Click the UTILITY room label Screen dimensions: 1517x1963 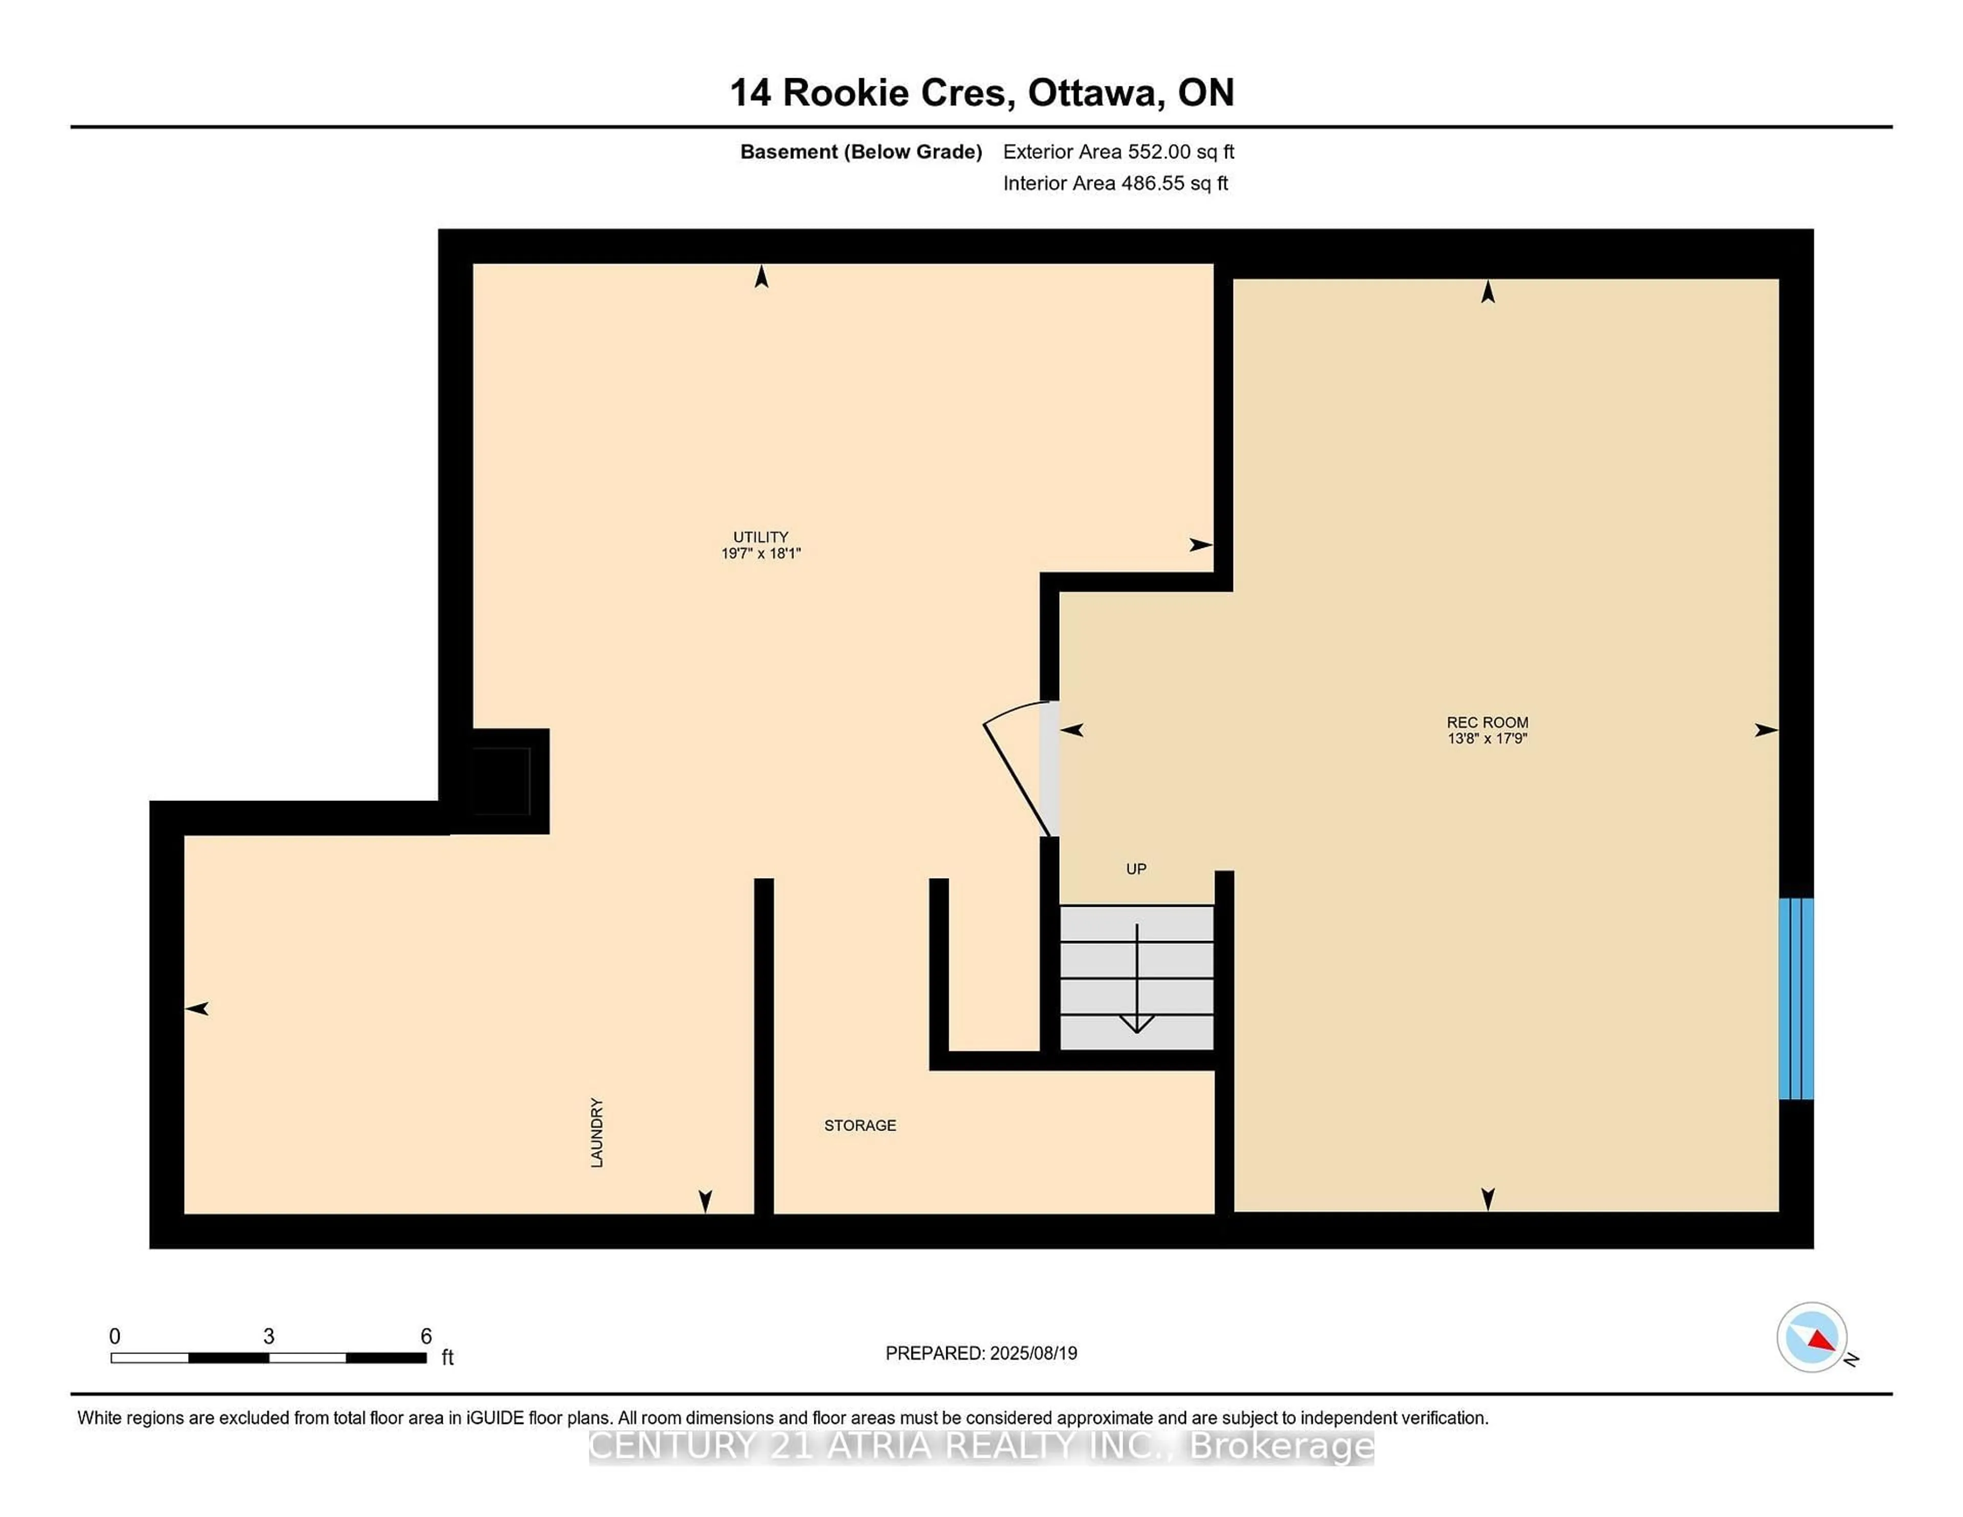click(760, 537)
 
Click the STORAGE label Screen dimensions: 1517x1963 click(860, 1125)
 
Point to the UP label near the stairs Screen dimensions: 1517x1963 click(1136, 869)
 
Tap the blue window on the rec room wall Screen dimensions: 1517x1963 click(1796, 998)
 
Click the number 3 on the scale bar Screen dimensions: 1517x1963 click(269, 1337)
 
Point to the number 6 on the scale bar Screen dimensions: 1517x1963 click(426, 1337)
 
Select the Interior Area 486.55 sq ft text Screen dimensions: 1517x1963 click(1114, 183)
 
